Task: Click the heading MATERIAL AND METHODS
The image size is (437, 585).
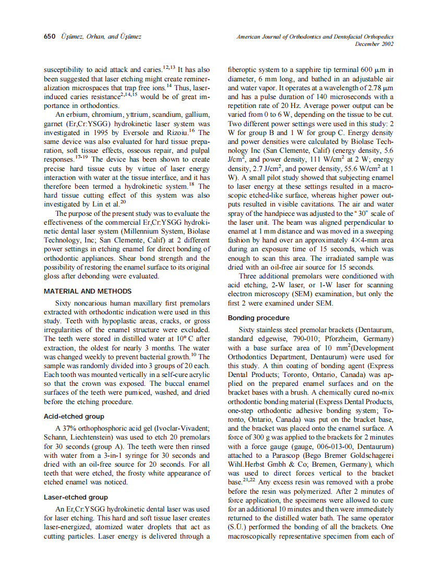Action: coord(88,291)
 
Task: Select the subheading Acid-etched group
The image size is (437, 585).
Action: coord(74,417)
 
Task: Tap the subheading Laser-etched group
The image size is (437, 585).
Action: coord(76,497)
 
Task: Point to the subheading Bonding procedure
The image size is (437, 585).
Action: coord(259,318)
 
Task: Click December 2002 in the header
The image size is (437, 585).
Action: coord(374,44)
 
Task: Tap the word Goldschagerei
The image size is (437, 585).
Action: coord(369,456)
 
